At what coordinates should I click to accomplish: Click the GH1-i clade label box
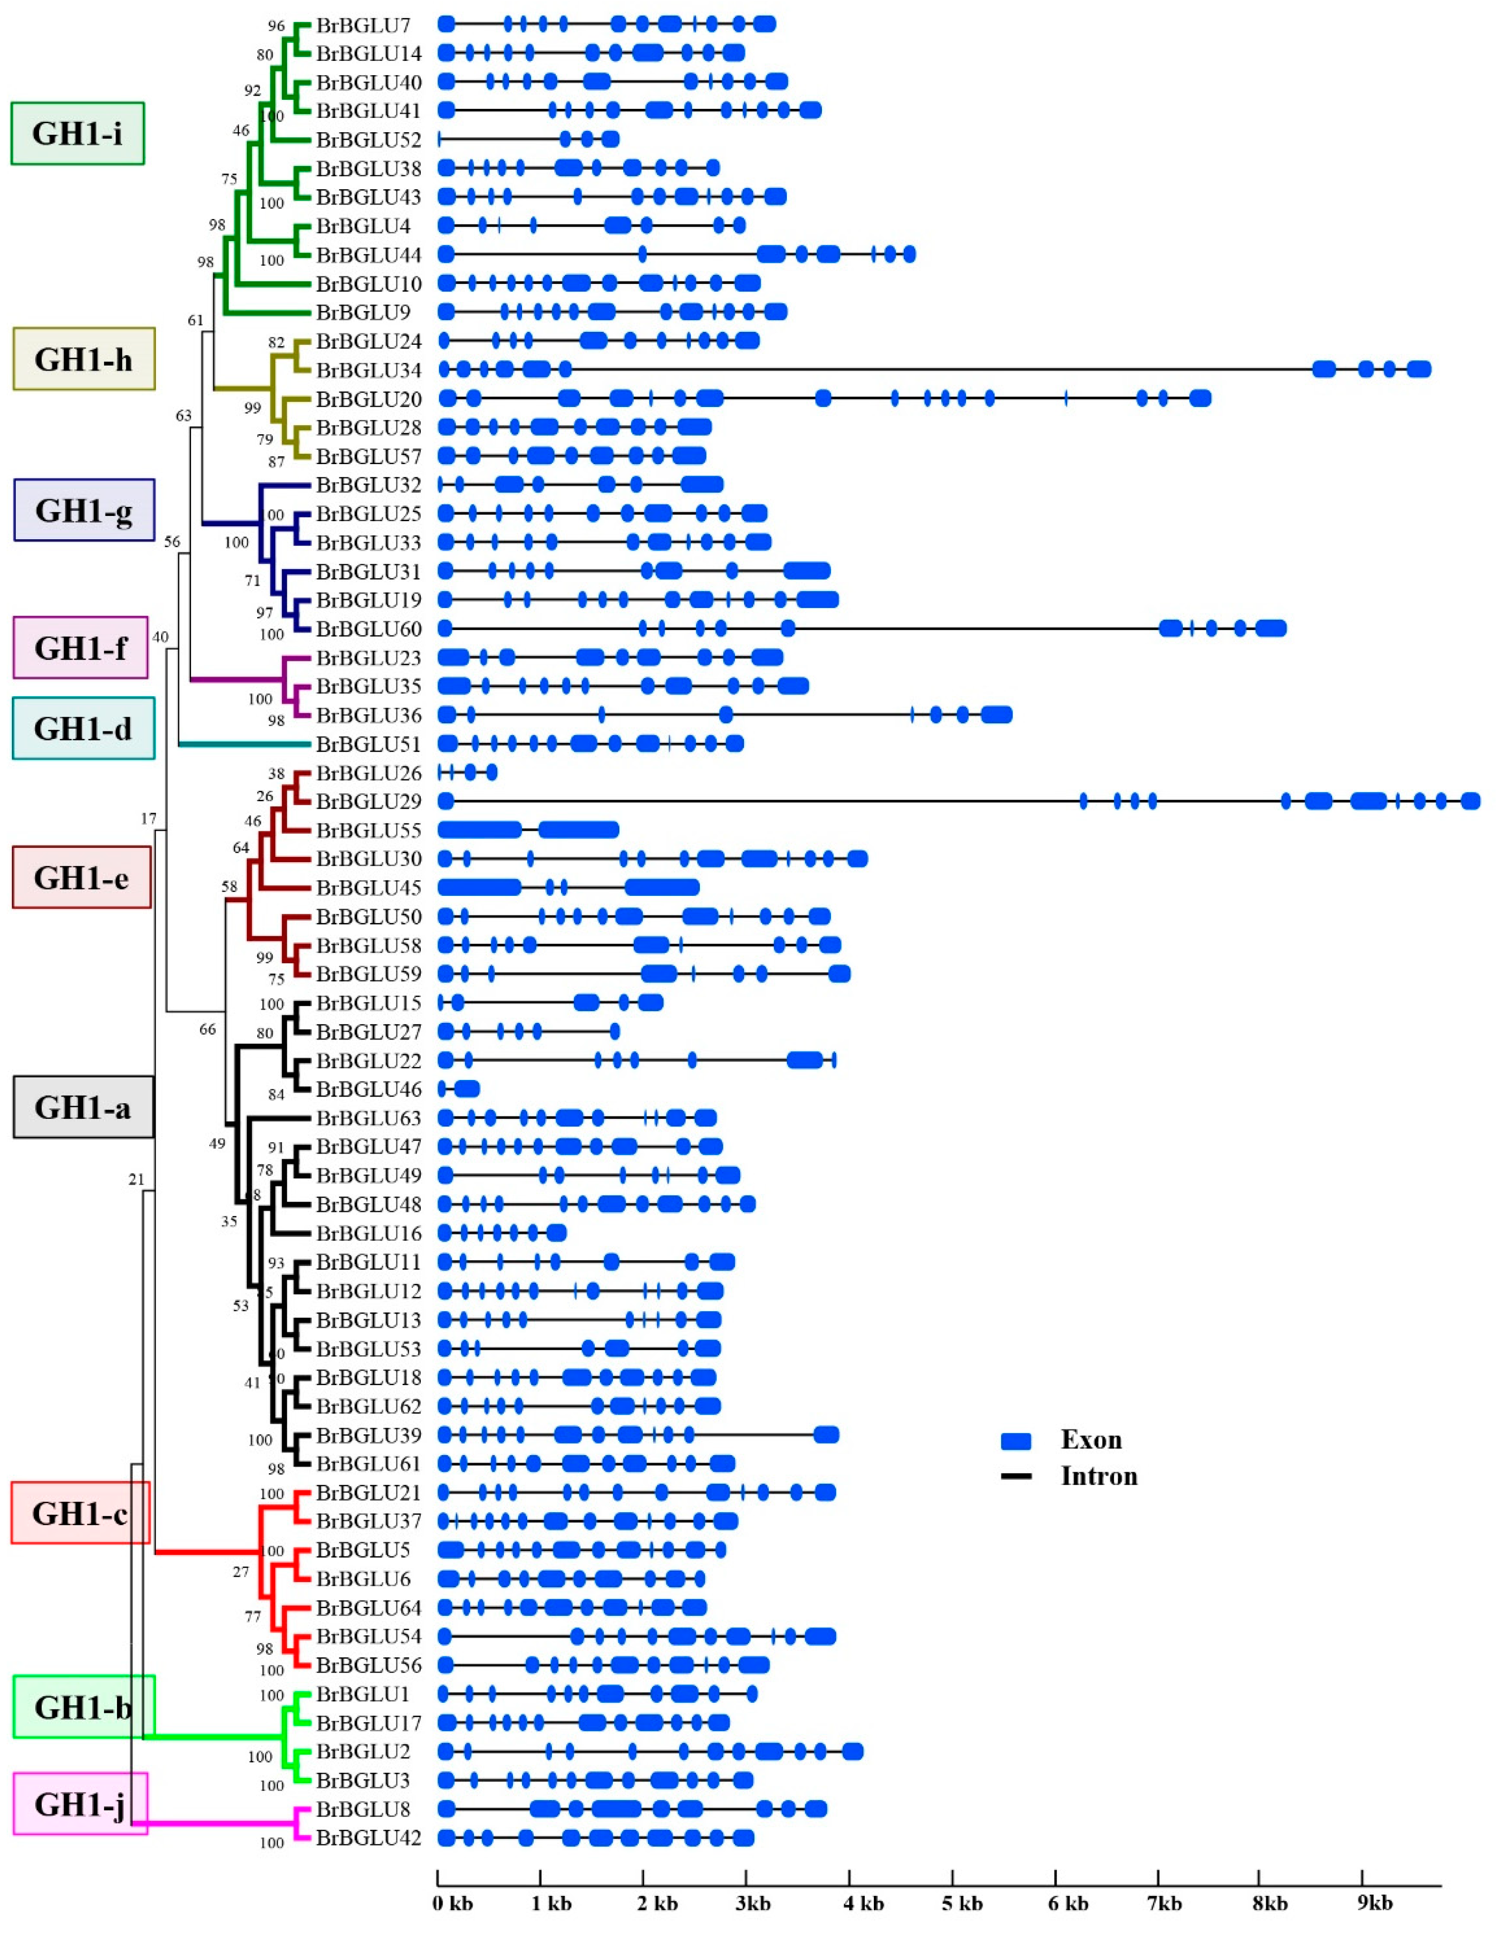78,134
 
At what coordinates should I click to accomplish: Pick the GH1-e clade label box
81,877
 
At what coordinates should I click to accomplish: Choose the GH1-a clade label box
83,1107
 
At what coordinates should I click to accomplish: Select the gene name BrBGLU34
368,370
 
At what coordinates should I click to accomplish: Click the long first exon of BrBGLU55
480,830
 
